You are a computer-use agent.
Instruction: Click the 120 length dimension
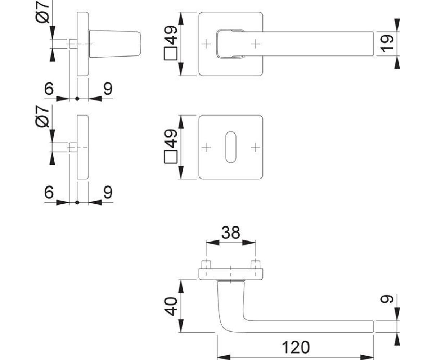pos(295,347)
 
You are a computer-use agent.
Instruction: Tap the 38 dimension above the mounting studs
pos(230,233)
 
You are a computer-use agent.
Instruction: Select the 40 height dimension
pos(172,306)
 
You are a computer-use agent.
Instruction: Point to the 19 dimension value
pos(388,44)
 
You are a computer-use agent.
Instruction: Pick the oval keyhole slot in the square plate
pos(230,147)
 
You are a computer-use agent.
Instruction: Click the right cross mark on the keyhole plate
pos(255,147)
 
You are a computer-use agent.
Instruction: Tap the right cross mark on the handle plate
pos(255,44)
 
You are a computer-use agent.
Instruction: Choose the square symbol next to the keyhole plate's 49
pos(171,157)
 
